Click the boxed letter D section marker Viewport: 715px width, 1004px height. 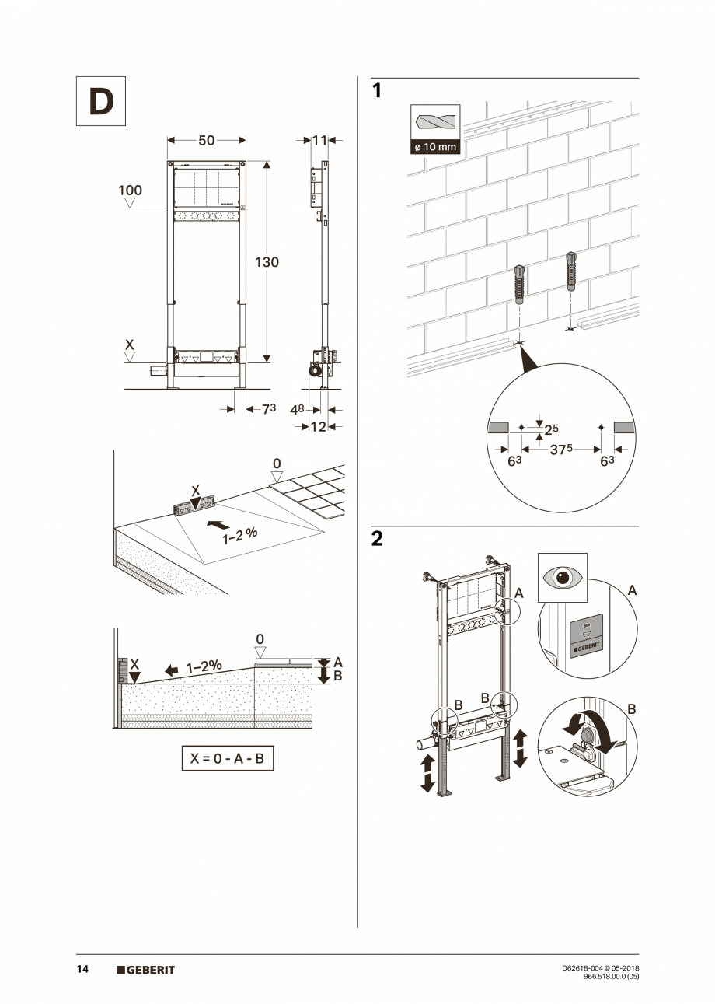[x=100, y=101]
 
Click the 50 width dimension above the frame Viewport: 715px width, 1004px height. [x=206, y=141]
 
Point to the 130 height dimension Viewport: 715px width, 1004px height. [x=267, y=262]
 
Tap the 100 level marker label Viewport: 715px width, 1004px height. [x=130, y=191]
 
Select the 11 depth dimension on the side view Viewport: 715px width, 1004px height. [x=319, y=141]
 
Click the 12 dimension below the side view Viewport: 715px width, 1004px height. [x=318, y=426]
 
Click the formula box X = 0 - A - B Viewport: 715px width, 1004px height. [x=228, y=758]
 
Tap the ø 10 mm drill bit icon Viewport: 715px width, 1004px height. [x=434, y=129]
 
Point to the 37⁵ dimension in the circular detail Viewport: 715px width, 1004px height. [x=562, y=449]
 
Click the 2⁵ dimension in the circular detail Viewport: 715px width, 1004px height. [x=551, y=429]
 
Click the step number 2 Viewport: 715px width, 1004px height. [x=377, y=539]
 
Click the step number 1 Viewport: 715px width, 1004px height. [x=377, y=91]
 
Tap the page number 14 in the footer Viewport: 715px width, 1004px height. [x=82, y=969]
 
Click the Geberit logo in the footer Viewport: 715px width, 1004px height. [x=146, y=970]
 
